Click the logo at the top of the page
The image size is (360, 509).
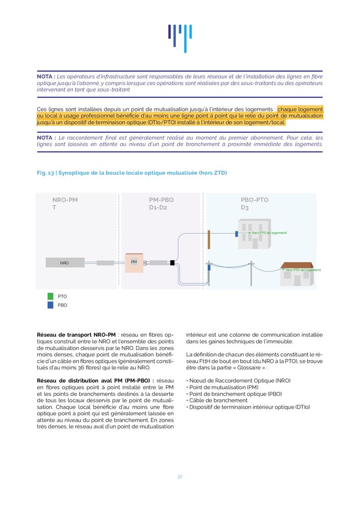[180, 38]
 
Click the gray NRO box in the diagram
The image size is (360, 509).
[65, 263]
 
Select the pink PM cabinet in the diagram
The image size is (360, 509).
[134, 262]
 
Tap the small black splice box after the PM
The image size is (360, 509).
[172, 263]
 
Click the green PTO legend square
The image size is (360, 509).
[50, 296]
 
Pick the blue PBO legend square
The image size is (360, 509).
[50, 305]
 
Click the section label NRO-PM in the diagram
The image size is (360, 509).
[65, 200]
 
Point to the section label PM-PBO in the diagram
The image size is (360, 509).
[161, 200]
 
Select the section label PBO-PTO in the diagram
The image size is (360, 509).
[254, 200]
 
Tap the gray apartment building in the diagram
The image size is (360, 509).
[254, 234]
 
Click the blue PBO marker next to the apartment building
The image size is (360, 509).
[237, 234]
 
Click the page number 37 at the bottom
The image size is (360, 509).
[179, 477]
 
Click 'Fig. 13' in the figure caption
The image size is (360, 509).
[45, 173]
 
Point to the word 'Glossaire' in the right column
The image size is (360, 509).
[281, 367]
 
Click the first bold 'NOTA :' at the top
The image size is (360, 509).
[46, 76]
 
